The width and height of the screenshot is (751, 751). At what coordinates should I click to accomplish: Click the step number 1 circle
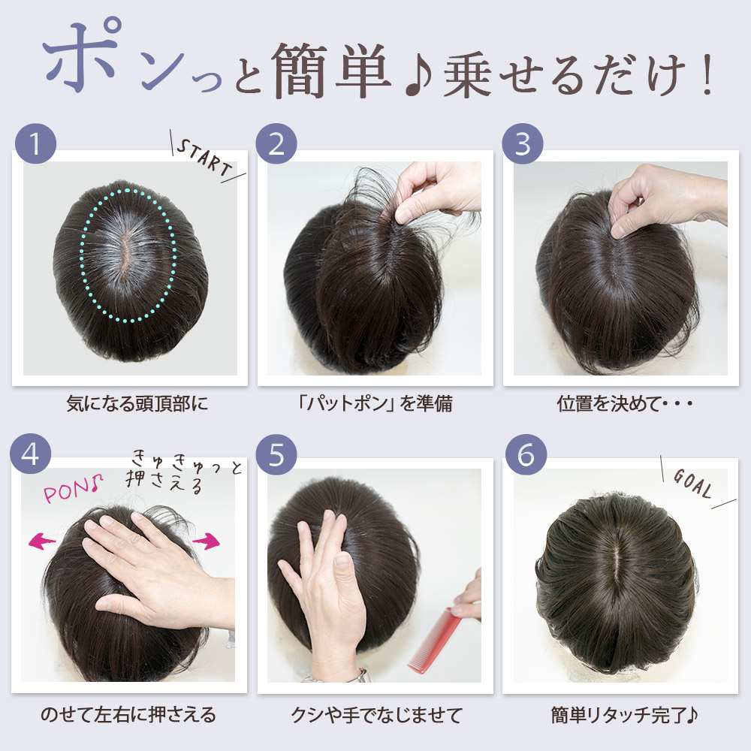35,143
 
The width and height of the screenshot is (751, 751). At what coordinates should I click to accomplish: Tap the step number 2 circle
276,143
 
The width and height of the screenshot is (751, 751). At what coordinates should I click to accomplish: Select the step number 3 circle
523,143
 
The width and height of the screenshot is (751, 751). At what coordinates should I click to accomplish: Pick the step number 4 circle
30,454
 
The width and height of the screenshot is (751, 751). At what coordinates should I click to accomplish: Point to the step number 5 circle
276,454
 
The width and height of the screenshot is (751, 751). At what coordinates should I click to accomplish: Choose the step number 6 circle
526,454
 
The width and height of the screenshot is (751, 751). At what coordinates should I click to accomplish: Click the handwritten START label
204,158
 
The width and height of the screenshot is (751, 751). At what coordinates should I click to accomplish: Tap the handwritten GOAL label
692,483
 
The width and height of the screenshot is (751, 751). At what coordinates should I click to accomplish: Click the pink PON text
74,489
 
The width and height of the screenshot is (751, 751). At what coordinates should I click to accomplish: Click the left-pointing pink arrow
42,541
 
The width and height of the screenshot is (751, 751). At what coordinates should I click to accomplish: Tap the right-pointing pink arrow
207,541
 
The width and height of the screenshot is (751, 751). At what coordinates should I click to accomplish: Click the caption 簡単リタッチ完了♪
624,715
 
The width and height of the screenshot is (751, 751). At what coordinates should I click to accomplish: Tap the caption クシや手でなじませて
376,715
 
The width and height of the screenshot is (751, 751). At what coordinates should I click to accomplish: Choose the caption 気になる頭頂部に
137,403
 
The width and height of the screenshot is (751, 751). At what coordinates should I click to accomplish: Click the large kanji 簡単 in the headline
331,71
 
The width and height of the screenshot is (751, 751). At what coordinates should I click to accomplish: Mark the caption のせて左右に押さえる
128,715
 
